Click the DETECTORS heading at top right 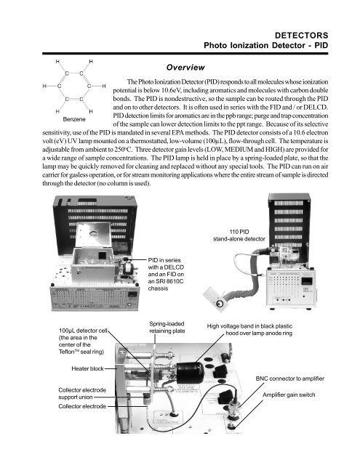(319, 34)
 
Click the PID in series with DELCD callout (169, 278)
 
